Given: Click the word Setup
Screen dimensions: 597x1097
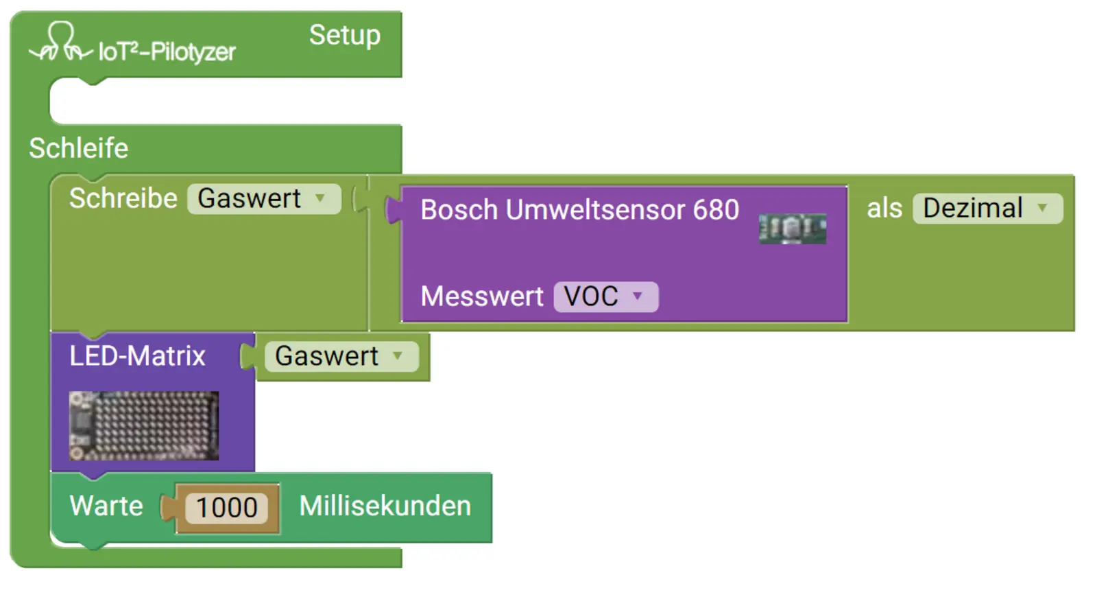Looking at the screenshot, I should click(344, 35).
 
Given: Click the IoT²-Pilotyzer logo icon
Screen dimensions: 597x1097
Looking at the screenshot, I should click(60, 43).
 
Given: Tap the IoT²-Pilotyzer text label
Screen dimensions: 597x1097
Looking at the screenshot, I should click(167, 52).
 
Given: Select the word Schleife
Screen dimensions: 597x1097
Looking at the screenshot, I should click(78, 148).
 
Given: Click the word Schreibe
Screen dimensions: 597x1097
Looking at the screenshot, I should click(123, 198).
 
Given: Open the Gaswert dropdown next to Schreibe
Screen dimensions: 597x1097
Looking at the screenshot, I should click(263, 199).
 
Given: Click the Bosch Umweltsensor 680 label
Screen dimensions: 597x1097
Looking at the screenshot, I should click(579, 210).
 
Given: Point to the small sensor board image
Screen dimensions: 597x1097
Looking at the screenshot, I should click(792, 229).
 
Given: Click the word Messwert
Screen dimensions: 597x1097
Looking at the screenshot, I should click(481, 296).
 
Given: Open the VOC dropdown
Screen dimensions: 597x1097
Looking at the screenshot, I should click(605, 296).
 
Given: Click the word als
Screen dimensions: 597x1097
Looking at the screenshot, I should click(884, 208).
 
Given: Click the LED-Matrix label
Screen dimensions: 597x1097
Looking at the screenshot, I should click(137, 356).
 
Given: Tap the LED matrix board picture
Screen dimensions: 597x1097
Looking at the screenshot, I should click(144, 425).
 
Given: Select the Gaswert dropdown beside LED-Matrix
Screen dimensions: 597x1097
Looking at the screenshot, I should click(341, 356).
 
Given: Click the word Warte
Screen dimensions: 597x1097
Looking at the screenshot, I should click(106, 506).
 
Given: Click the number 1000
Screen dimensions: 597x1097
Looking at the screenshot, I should click(226, 508).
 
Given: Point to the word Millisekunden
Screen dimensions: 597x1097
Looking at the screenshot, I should click(385, 506).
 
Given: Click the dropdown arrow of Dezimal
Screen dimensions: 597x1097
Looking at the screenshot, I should click(1042, 208).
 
